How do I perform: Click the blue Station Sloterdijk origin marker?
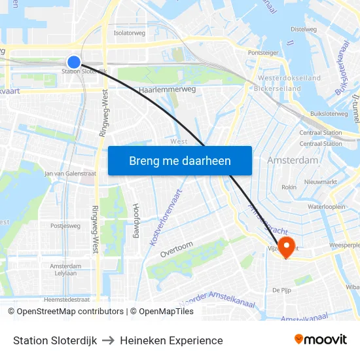point(74,62)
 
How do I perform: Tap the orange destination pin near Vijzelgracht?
point(286,246)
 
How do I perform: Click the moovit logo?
point(320,339)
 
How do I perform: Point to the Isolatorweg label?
point(130,32)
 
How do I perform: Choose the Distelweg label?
point(303,29)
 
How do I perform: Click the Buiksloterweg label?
point(329,113)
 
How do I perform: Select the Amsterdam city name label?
point(293,160)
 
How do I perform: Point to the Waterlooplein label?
point(326,206)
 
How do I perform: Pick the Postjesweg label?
point(65,225)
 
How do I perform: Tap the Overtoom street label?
point(177,248)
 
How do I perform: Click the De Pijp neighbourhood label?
point(281,289)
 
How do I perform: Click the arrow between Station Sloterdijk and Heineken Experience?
point(108,340)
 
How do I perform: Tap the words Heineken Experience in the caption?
point(171,340)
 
